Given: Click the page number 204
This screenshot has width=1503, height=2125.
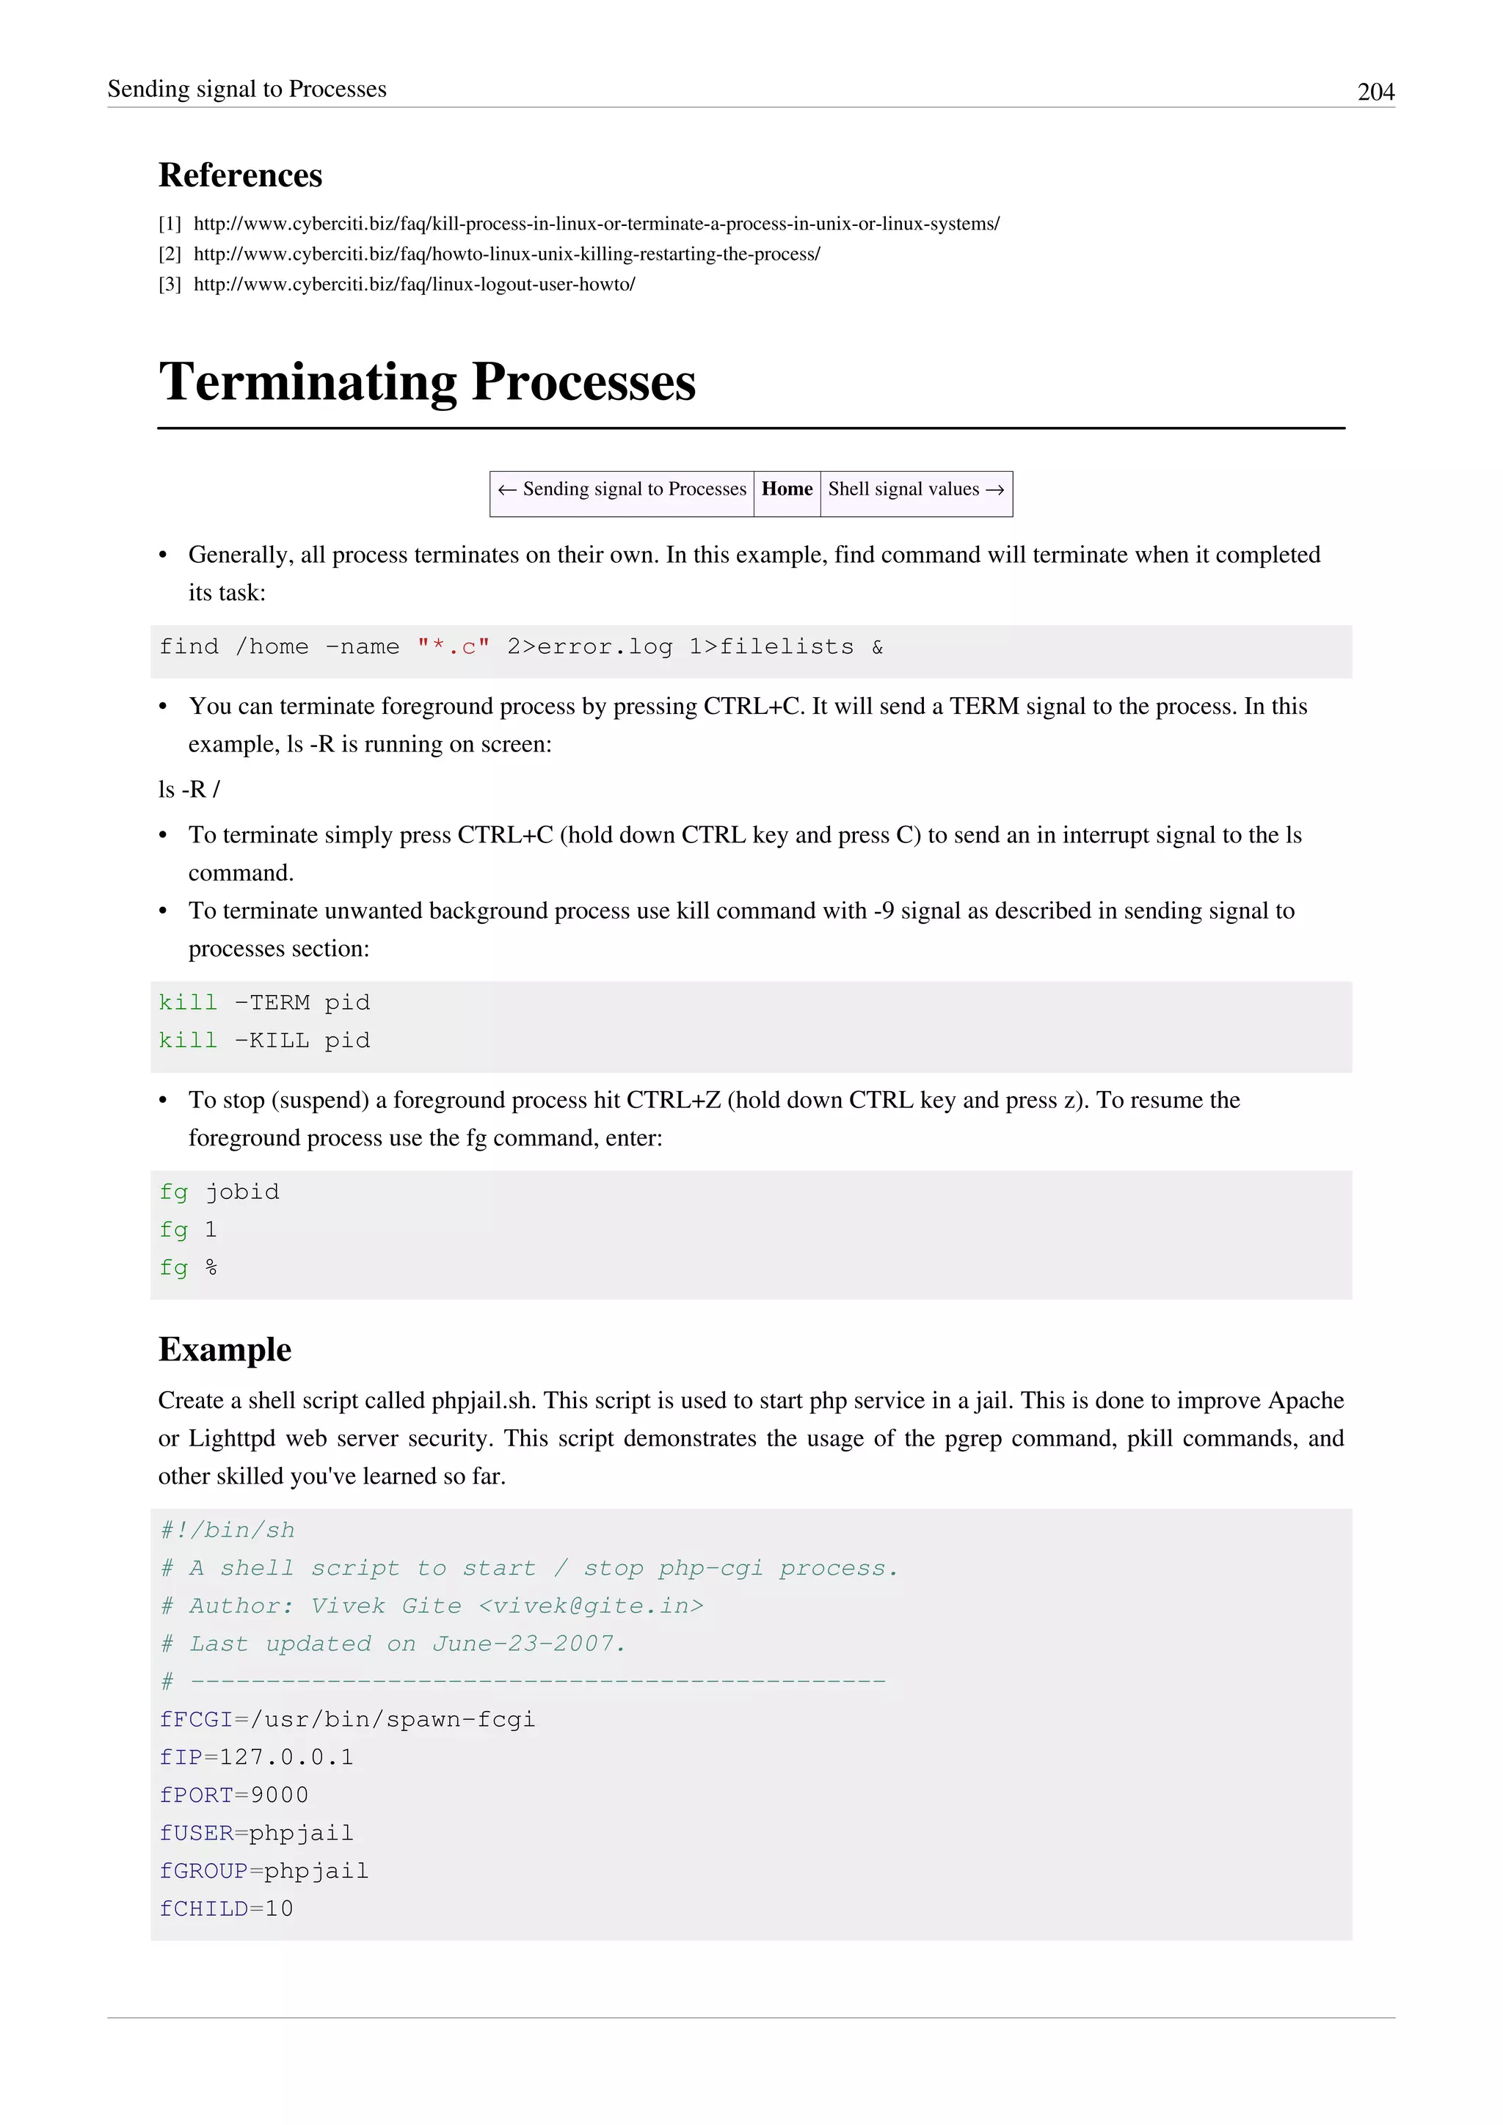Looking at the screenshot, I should click(1375, 92).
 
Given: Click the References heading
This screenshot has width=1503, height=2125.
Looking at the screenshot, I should click(240, 175).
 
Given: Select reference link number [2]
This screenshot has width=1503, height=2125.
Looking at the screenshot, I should click(506, 254).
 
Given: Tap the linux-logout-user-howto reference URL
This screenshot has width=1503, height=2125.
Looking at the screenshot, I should click(414, 284).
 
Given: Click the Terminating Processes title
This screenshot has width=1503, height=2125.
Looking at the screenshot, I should click(426, 382).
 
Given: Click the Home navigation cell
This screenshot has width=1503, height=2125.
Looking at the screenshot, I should click(787, 489).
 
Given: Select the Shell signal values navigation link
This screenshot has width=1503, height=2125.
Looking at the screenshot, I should click(915, 489).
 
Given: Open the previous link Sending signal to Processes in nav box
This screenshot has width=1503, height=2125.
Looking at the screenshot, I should click(622, 489).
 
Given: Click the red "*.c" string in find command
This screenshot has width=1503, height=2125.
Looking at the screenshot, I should click(453, 647).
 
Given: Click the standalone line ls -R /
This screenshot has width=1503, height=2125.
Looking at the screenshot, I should click(189, 790).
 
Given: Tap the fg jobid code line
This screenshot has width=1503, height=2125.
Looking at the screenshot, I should click(219, 1192).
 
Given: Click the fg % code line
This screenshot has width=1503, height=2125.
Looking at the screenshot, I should click(188, 1268).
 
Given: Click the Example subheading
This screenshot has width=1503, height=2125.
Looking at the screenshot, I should click(224, 1349).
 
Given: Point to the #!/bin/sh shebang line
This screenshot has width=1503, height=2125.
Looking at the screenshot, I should click(227, 1530).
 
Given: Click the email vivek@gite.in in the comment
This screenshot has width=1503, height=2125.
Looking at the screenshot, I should click(591, 1605).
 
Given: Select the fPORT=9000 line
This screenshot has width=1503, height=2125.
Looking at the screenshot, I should click(233, 1795).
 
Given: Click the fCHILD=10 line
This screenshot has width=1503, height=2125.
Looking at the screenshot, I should click(226, 1909).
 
